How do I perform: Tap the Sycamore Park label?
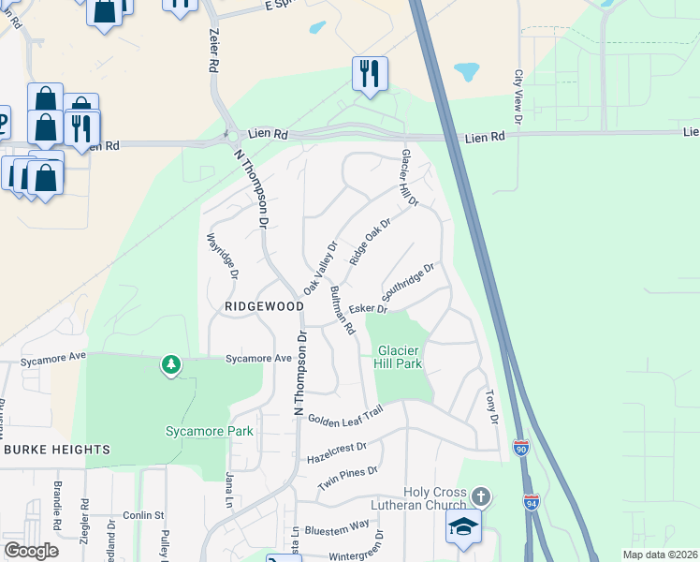[x=210, y=431]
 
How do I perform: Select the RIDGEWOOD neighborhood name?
[x=264, y=306]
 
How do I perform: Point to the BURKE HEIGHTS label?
[x=56, y=450]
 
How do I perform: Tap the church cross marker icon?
[x=481, y=495]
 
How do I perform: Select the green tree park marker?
[x=170, y=363]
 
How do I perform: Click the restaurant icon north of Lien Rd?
[x=370, y=72]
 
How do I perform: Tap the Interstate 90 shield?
[x=520, y=448]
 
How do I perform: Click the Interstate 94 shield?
[x=532, y=502]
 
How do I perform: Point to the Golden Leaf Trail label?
[x=345, y=412]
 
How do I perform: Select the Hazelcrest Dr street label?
[x=337, y=453]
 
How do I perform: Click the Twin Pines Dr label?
[x=347, y=479]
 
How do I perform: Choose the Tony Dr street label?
[x=490, y=407]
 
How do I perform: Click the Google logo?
[x=31, y=551]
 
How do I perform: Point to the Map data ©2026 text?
[x=659, y=555]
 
